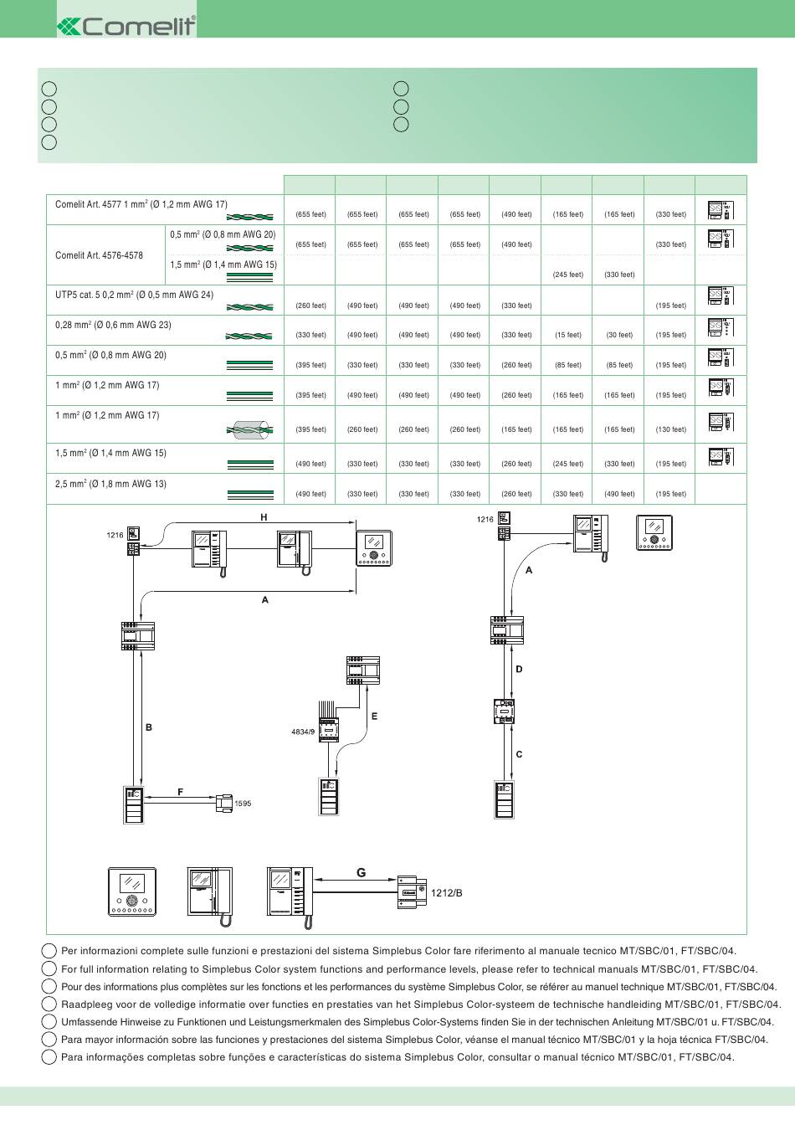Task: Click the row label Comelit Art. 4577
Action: [141, 204]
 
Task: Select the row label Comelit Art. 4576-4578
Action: [99, 255]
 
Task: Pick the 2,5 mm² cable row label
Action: [110, 484]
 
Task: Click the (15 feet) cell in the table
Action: [567, 335]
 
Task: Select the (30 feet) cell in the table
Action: [619, 335]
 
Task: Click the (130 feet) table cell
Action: [670, 429]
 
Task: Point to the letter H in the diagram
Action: [264, 517]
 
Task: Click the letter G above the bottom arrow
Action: [361, 872]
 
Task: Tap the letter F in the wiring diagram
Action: [180, 792]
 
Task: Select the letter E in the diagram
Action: [375, 717]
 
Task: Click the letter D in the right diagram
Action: [519, 669]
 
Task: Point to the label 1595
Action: [242, 804]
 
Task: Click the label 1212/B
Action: [446, 893]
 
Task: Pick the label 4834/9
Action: [303, 732]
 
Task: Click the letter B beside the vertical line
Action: [149, 727]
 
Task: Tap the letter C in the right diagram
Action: [519, 754]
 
